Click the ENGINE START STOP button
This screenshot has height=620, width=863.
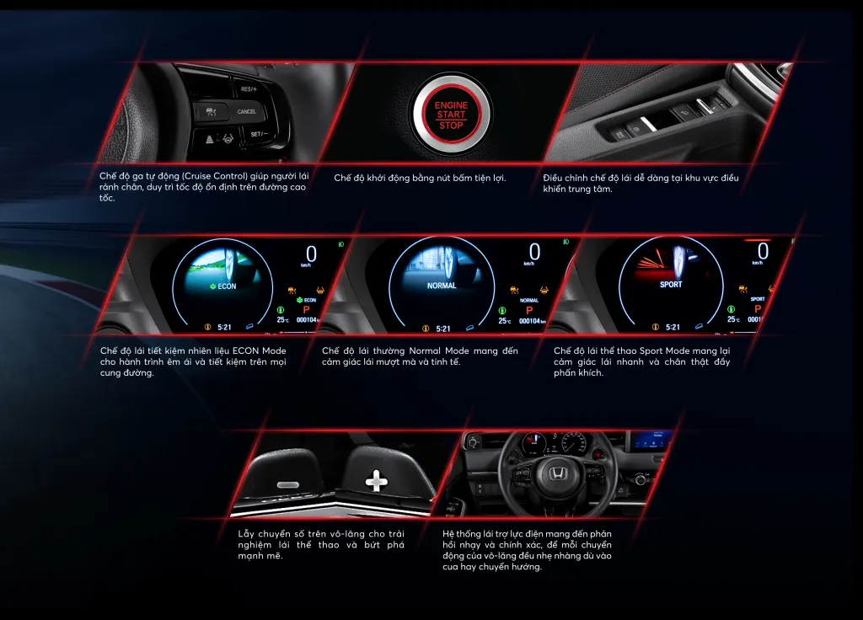(451, 115)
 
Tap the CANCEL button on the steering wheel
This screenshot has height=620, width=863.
(246, 112)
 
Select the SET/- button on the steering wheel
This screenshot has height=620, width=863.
(260, 134)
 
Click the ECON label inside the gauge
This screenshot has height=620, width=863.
(222, 286)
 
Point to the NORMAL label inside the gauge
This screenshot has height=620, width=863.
(442, 286)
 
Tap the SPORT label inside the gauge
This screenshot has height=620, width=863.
(671, 285)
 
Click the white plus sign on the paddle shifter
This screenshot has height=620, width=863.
(377, 481)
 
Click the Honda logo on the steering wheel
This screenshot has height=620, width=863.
(558, 472)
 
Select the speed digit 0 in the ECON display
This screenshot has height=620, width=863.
(311, 254)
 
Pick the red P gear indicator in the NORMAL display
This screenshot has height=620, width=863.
(529, 310)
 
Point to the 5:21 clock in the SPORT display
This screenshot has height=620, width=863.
(673, 327)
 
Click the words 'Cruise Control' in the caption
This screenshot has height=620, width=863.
(215, 176)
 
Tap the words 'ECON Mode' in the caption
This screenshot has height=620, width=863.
(260, 350)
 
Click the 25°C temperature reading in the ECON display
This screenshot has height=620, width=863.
(282, 319)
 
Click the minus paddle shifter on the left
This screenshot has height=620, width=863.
(288, 478)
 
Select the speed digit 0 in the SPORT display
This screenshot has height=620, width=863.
(763, 251)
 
